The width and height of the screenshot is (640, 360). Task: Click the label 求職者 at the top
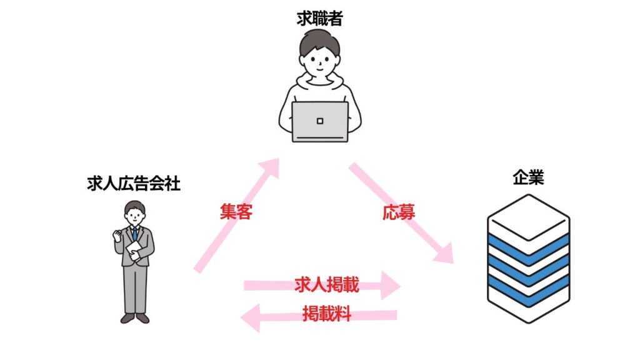coord(319,19)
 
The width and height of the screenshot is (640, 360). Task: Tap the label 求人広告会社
coord(134,184)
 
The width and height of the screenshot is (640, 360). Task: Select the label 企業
coord(528,177)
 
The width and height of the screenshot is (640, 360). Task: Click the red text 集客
coord(236,211)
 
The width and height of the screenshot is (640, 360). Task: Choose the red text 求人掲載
coord(326,284)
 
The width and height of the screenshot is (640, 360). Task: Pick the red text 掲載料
coord(327,314)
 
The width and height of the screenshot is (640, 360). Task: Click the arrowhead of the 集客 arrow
coord(269,167)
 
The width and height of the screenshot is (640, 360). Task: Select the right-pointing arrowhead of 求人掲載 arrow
coord(390,286)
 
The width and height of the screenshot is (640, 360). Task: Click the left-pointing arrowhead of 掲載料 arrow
coord(250,317)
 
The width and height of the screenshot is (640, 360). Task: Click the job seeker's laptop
coord(320,122)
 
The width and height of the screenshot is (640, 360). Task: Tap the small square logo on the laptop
coord(320,121)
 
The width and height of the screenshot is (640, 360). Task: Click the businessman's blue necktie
coord(134,234)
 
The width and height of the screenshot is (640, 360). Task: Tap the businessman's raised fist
coord(117,235)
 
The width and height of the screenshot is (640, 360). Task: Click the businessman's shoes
coord(135,318)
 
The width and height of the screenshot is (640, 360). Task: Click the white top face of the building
coord(529,217)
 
